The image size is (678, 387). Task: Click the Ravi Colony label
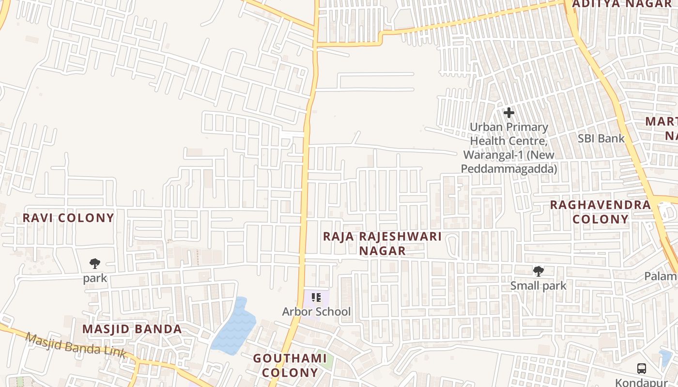click(x=68, y=218)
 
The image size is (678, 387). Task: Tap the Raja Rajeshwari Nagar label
click(x=382, y=243)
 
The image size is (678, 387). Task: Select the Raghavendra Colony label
click(x=600, y=212)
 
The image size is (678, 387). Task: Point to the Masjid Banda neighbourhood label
click(x=132, y=329)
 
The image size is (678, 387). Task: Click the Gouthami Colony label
click(x=290, y=365)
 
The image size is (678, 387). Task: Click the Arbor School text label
click(x=316, y=312)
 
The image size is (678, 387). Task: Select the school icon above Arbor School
click(x=316, y=298)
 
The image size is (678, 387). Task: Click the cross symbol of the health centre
click(x=508, y=113)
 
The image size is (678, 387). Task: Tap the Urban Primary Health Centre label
click(x=509, y=148)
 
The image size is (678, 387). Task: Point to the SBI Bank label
click(x=601, y=138)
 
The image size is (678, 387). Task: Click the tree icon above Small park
click(x=538, y=271)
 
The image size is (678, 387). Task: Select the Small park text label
click(x=538, y=286)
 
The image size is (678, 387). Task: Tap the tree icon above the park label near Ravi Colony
click(x=95, y=264)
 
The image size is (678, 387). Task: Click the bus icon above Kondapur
click(x=642, y=369)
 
